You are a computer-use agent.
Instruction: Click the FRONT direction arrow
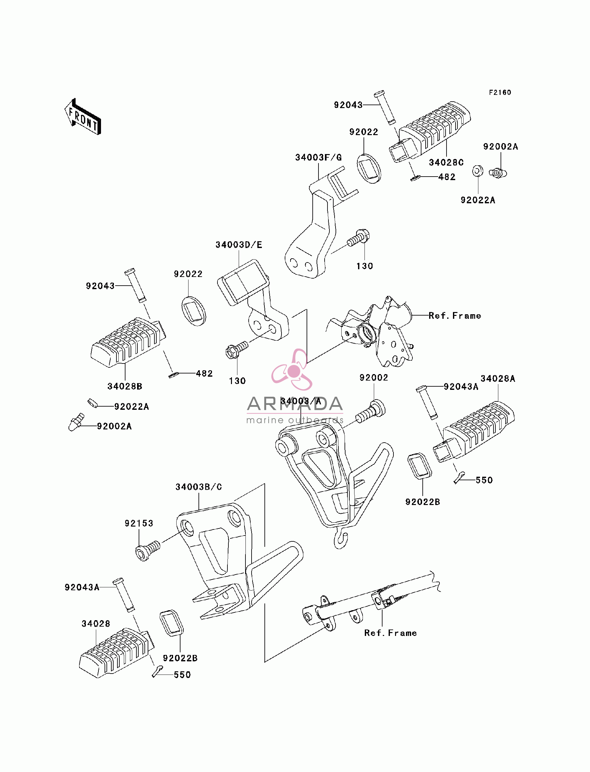(x=83, y=117)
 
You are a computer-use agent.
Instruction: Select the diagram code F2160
(x=500, y=93)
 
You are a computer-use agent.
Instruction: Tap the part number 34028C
(x=446, y=162)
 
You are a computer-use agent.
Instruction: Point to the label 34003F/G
(x=318, y=158)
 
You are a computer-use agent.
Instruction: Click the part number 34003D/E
(x=239, y=245)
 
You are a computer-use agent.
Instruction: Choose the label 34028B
(x=125, y=387)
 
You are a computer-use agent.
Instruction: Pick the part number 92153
(x=139, y=523)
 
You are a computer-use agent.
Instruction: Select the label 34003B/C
(x=199, y=487)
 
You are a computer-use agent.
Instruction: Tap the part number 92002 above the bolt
(x=374, y=378)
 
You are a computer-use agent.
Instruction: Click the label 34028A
(x=498, y=379)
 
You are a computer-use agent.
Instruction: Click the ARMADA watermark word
(x=295, y=404)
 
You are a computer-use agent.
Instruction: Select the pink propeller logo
(x=292, y=370)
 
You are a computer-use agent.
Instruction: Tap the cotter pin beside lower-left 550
(x=157, y=671)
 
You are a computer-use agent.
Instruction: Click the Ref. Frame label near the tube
(x=391, y=633)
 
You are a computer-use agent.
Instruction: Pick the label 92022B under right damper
(x=422, y=502)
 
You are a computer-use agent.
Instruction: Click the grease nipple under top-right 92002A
(x=498, y=173)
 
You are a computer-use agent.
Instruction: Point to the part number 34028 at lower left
(x=96, y=624)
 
